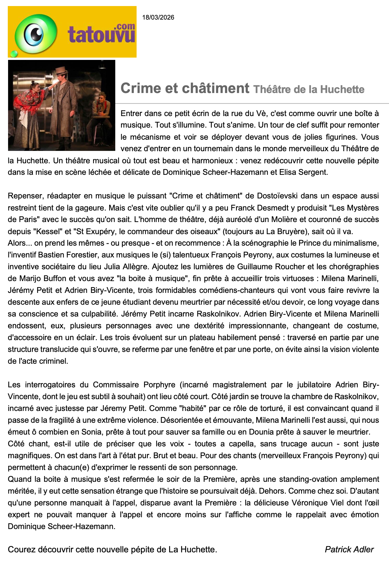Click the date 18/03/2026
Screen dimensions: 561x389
158,18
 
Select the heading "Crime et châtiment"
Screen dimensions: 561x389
185,88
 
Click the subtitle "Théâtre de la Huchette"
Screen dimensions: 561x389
309,90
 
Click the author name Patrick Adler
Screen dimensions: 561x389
349,549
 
